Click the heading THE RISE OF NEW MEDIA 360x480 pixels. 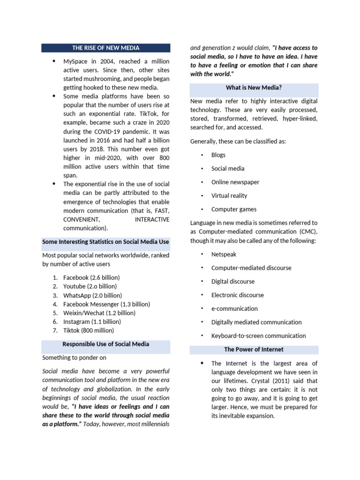click(x=105, y=48)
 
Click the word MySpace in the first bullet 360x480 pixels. click(x=75, y=61)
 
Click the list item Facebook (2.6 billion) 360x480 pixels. click(x=91, y=277)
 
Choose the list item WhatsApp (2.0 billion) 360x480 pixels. click(x=92, y=295)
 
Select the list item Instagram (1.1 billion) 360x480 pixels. click(x=92, y=322)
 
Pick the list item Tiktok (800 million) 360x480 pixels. click(x=88, y=330)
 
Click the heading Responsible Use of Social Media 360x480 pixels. click(x=105, y=344)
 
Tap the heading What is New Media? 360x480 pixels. click(x=254, y=87)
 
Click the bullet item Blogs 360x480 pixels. click(x=218, y=155)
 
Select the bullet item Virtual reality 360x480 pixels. click(x=229, y=195)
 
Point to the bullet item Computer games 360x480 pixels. click(x=234, y=210)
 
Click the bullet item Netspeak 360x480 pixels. click(x=224, y=254)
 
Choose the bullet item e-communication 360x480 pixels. click(x=234, y=308)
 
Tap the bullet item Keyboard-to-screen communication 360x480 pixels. click(x=258, y=336)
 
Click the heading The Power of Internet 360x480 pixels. click(x=254, y=349)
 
